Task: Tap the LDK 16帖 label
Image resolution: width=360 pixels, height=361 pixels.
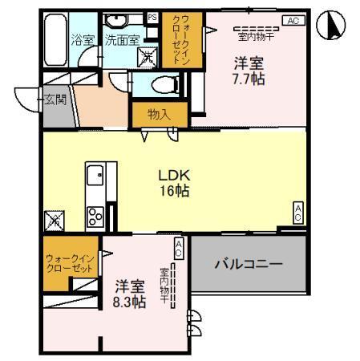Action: pyautogui.click(x=174, y=183)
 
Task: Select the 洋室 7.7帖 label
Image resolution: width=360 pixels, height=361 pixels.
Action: pyautogui.click(x=249, y=71)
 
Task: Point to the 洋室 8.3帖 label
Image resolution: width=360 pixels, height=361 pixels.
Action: pyautogui.click(x=129, y=293)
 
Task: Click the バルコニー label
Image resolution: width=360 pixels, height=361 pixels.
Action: pyautogui.click(x=248, y=264)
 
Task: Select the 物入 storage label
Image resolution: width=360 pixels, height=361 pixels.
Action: pyautogui.click(x=159, y=114)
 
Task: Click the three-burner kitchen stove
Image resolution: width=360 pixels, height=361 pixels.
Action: pyautogui.click(x=95, y=214)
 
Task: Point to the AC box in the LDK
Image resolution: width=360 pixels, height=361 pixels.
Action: pyautogui.click(x=297, y=212)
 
